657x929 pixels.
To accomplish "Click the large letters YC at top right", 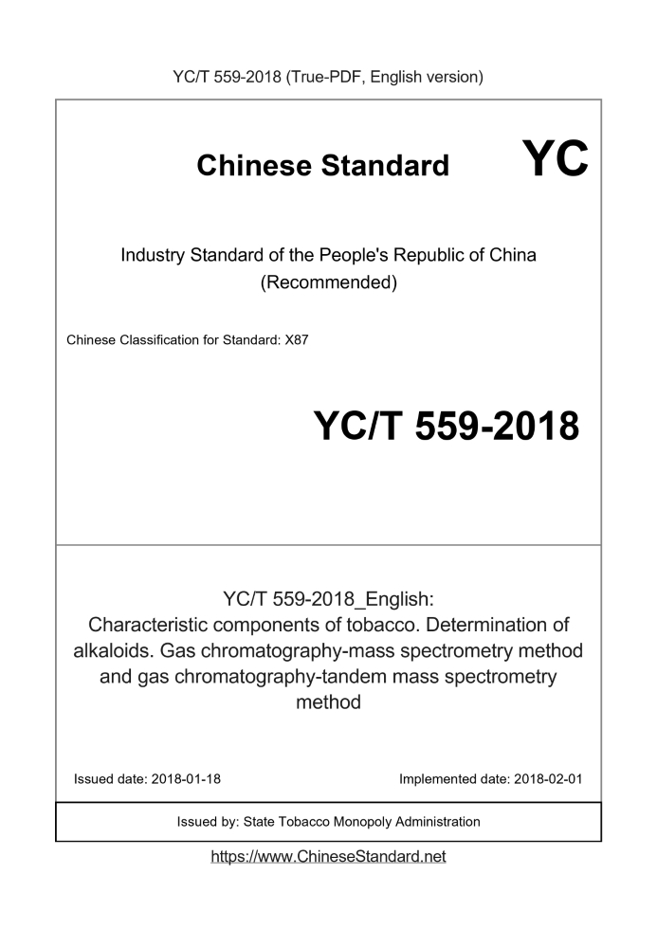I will click(x=555, y=157).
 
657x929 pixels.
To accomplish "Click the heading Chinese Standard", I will click(x=323, y=166).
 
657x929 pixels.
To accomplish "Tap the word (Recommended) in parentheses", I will click(x=328, y=282).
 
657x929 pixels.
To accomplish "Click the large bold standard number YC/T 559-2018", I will click(x=446, y=426).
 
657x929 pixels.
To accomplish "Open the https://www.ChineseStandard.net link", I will click(x=328, y=856).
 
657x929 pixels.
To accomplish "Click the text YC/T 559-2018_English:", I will click(x=328, y=598).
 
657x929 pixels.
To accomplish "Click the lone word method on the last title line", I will click(x=328, y=703).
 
